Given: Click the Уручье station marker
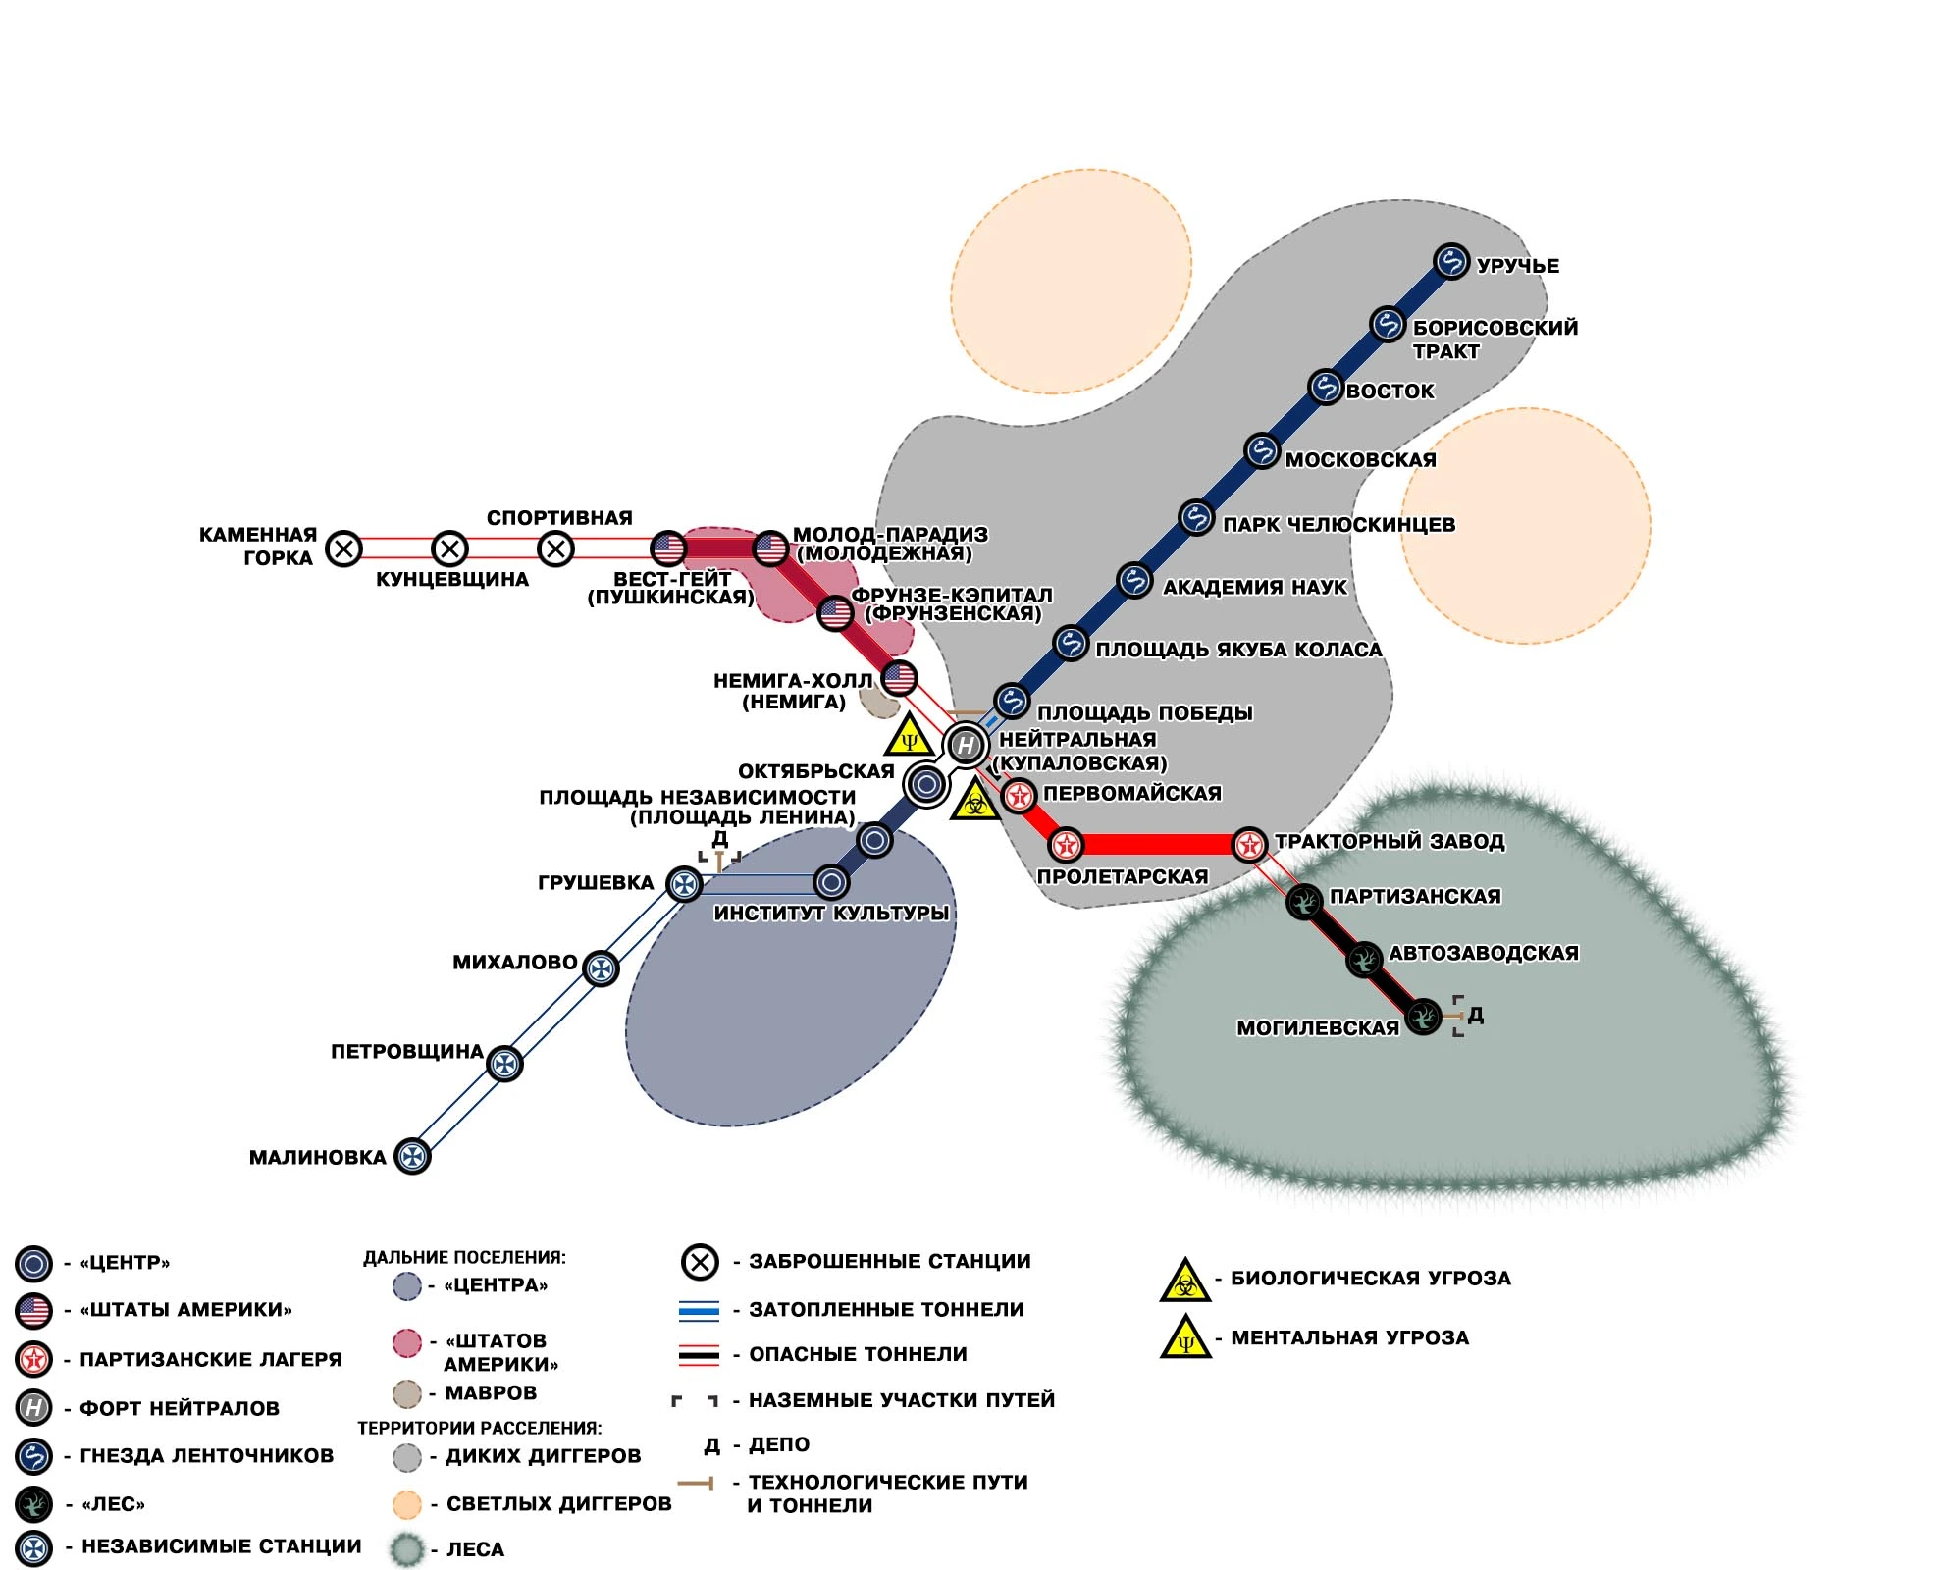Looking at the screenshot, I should (x=1450, y=262).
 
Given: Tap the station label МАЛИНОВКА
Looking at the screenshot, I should (x=317, y=1158).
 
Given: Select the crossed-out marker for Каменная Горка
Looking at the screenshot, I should (x=343, y=549).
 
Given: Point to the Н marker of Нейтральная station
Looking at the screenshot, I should (x=966, y=746).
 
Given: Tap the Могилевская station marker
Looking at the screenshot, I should (x=1423, y=1017).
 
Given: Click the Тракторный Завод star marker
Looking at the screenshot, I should (x=1249, y=844).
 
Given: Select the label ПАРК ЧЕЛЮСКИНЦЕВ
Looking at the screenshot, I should (x=1338, y=525).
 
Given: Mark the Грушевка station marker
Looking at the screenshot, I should (x=684, y=884).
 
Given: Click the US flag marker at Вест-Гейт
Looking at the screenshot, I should (x=668, y=549).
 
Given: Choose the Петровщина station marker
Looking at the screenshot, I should (x=504, y=1064).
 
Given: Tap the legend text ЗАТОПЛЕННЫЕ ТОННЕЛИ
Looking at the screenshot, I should (x=886, y=1310).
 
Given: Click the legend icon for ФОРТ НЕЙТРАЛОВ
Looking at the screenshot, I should (x=33, y=1408).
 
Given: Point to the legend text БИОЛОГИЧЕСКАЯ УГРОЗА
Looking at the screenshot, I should (x=1370, y=1279).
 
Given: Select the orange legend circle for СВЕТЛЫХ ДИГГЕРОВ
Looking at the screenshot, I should (x=406, y=1504).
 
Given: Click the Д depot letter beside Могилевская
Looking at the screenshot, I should (x=1476, y=1016).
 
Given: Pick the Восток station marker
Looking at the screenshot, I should (x=1325, y=388).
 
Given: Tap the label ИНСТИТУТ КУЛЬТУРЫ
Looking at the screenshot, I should (x=831, y=914).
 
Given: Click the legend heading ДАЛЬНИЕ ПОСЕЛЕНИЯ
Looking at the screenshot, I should (x=464, y=1257).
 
